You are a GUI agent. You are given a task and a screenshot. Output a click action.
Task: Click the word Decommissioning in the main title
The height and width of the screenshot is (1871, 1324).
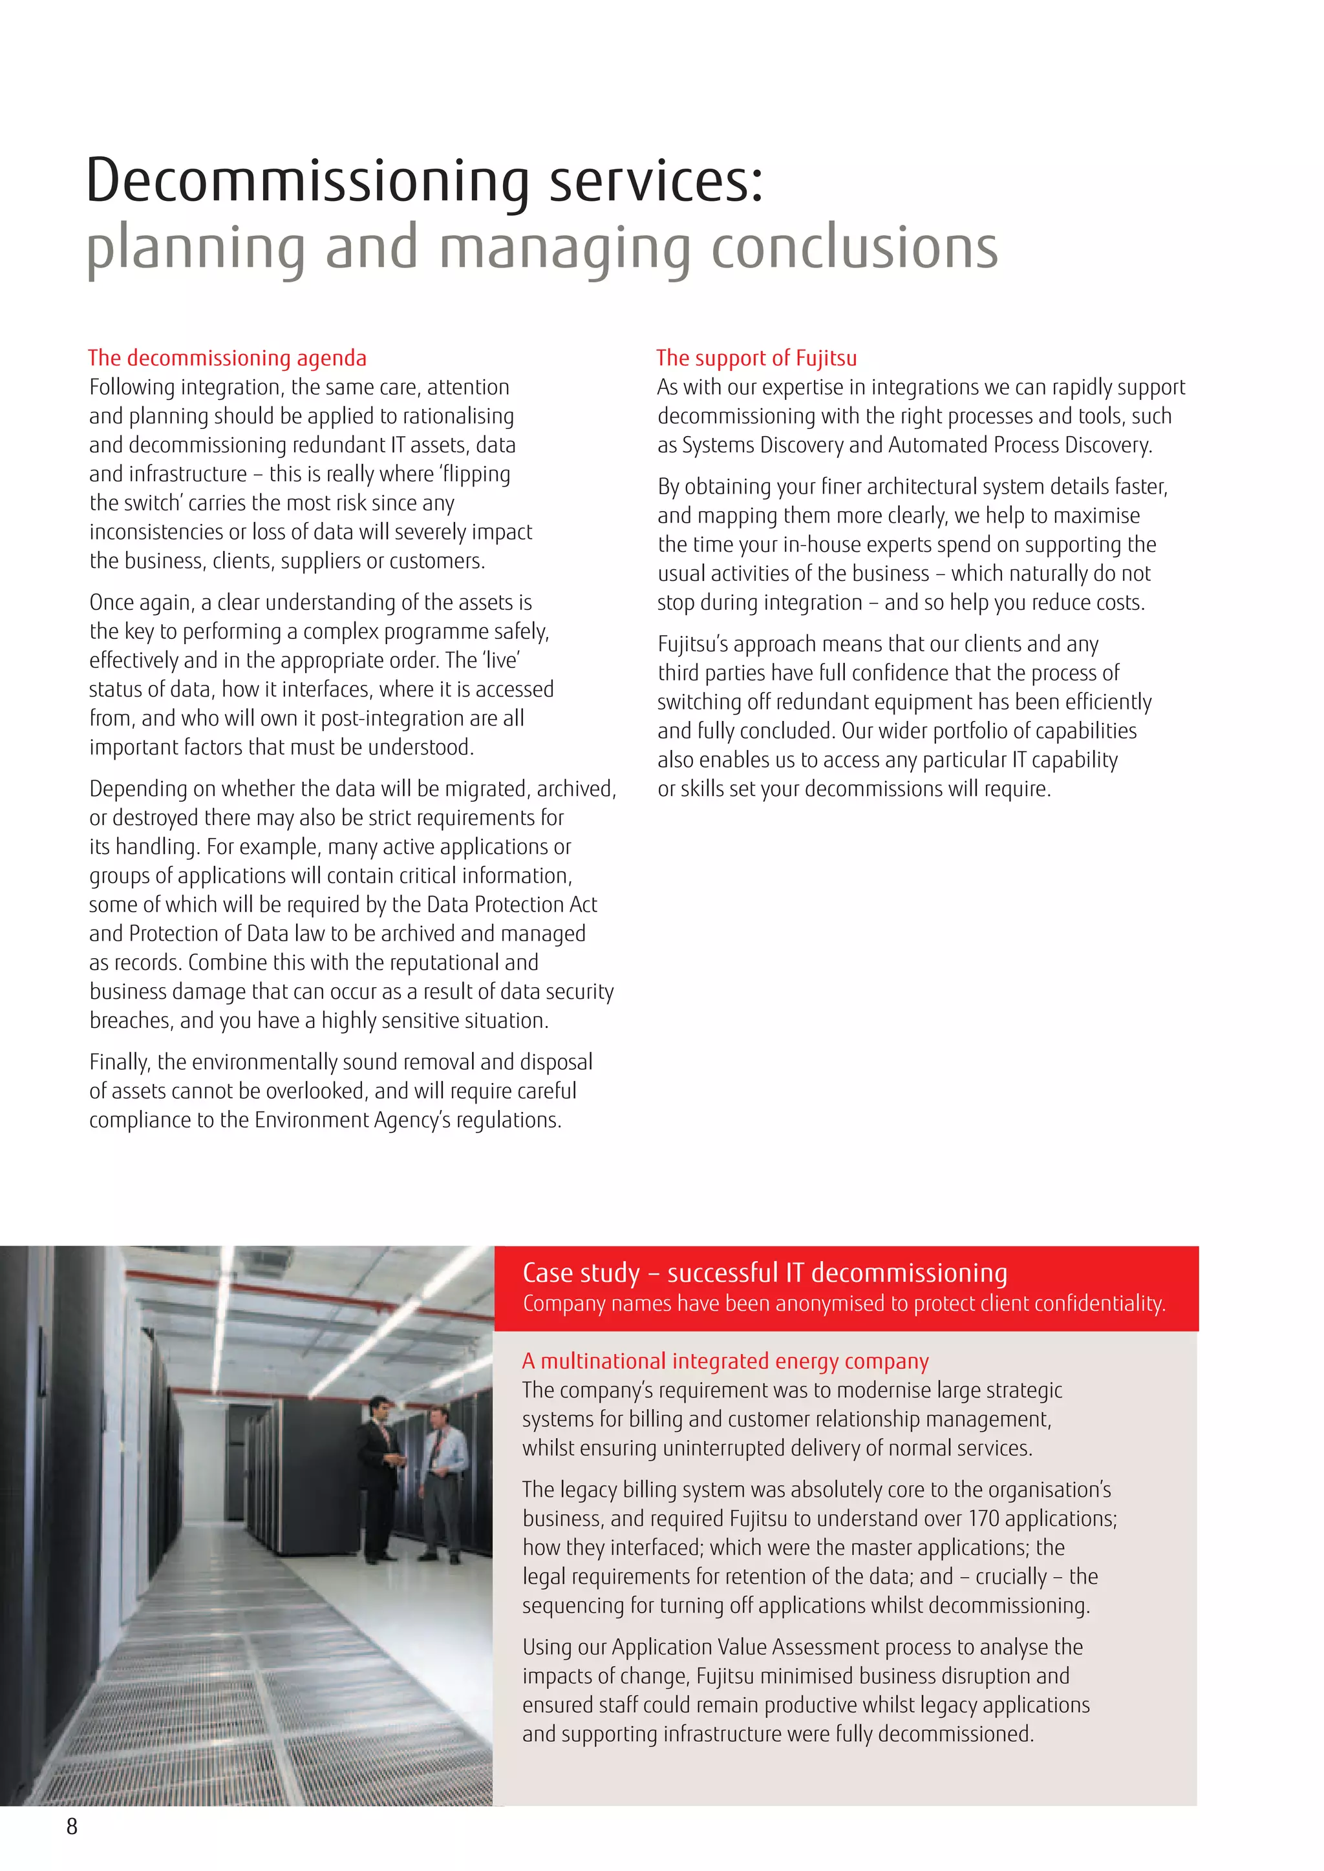308,181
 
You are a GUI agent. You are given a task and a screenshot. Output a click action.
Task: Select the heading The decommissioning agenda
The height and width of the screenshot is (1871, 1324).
227,358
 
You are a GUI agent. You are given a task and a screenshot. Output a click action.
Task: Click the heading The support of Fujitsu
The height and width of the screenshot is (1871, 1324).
756,358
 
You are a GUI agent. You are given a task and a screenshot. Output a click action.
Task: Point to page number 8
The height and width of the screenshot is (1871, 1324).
72,1826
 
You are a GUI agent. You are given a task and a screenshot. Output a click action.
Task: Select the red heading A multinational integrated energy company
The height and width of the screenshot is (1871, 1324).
725,1361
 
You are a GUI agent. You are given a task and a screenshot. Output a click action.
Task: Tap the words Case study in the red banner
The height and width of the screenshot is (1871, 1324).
581,1272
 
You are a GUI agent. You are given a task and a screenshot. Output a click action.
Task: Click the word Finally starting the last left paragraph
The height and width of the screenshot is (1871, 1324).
120,1062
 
